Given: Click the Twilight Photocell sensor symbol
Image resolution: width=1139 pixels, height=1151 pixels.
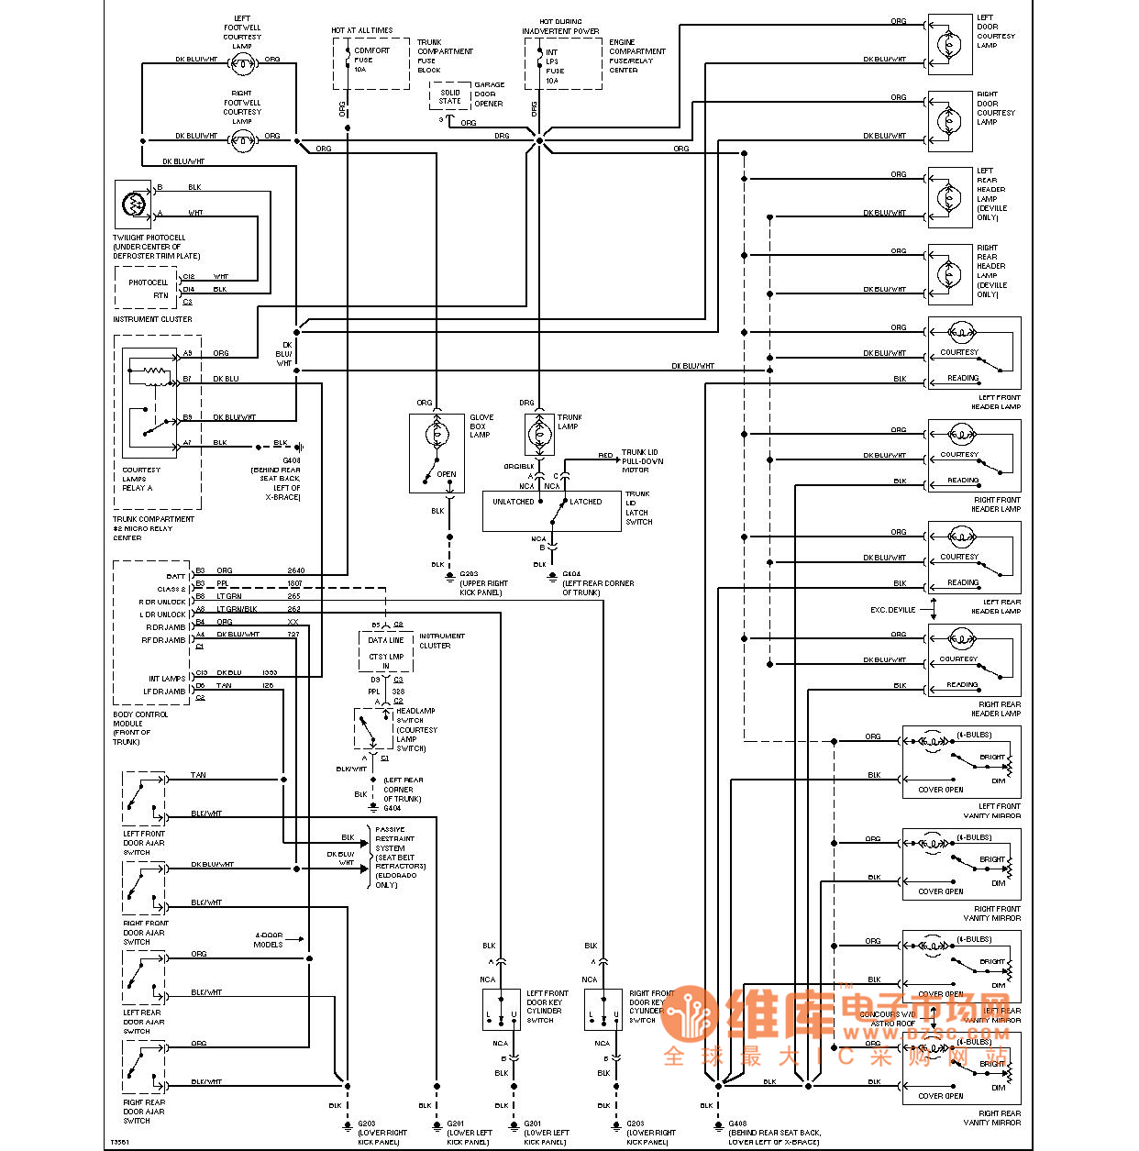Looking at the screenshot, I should [134, 204].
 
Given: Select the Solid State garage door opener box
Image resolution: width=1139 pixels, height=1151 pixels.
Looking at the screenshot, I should [449, 96].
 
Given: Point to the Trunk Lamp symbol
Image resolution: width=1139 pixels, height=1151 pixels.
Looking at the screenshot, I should [539, 434].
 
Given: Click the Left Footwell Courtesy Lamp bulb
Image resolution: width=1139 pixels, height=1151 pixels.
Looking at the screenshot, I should [242, 62].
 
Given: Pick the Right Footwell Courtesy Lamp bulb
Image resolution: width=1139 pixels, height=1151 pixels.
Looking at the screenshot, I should [242, 139].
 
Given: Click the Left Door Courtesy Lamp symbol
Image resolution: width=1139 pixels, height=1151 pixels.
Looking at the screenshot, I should [949, 44].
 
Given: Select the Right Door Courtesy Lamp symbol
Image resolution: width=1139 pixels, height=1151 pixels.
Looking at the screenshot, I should [949, 120].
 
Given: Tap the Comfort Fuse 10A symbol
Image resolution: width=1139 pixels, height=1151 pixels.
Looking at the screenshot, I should [348, 60].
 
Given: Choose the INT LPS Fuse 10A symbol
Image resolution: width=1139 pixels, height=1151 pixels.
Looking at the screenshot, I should [539, 61].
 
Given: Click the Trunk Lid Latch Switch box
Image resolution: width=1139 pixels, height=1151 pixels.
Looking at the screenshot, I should [552, 511].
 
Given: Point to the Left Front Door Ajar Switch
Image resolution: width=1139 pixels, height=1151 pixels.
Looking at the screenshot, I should [144, 798].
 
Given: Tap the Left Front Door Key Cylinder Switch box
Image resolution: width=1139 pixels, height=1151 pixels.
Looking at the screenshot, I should [501, 1010].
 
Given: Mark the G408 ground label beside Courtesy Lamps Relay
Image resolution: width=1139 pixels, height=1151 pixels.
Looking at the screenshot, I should [292, 460].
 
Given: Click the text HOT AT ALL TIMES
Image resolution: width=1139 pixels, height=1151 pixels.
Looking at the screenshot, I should [361, 30].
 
